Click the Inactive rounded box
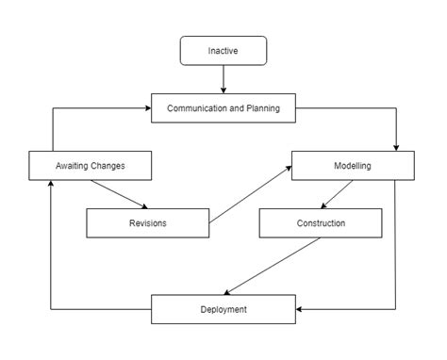click(223, 50)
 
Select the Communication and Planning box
click(223, 108)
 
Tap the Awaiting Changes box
click(90, 166)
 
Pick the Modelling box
click(352, 166)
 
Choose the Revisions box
click(147, 223)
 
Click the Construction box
click(321, 223)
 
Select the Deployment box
click(223, 309)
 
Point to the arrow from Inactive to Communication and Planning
click(223, 80)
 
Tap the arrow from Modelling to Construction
click(338, 195)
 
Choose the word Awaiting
click(72, 166)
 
